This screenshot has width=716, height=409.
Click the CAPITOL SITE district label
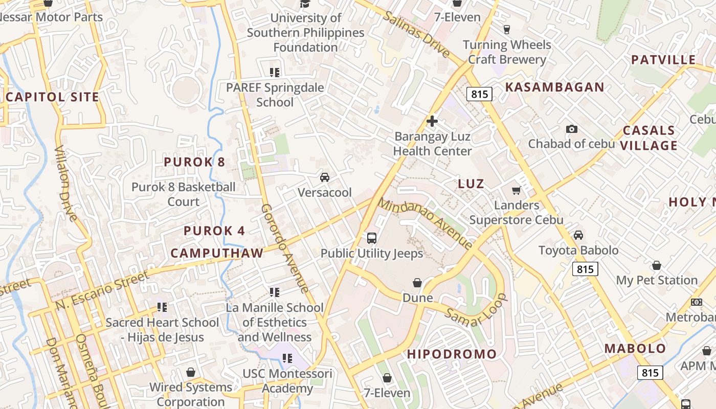click(52, 97)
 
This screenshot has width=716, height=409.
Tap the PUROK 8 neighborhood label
click(194, 162)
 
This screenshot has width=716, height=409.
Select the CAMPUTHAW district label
click(217, 253)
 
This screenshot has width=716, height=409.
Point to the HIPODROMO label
click(452, 354)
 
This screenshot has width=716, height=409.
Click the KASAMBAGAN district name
click(555, 87)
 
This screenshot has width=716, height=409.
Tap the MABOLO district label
click(635, 349)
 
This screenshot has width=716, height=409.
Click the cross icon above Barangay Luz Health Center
click(432, 121)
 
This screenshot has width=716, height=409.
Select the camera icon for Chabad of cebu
click(572, 129)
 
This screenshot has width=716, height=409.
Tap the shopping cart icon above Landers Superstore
click(516, 190)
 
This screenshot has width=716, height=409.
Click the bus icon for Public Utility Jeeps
click(372, 238)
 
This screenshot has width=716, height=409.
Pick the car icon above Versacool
click(325, 177)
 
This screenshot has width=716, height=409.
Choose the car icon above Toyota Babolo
click(578, 235)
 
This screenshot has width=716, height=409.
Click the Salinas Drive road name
click(417, 34)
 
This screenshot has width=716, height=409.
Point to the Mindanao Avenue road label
click(426, 223)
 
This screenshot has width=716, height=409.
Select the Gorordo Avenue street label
click(285, 248)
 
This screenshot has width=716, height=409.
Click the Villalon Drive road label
click(66, 184)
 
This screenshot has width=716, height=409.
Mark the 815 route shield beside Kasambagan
click(479, 94)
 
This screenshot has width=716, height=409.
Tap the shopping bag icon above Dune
click(417, 283)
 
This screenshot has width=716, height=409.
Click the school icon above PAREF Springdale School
click(275, 73)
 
